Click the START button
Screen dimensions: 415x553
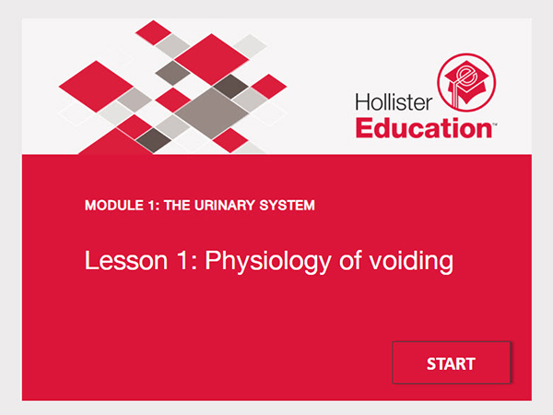(x=451, y=363)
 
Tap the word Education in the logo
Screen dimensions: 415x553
(x=424, y=126)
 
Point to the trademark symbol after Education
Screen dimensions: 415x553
(x=497, y=120)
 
